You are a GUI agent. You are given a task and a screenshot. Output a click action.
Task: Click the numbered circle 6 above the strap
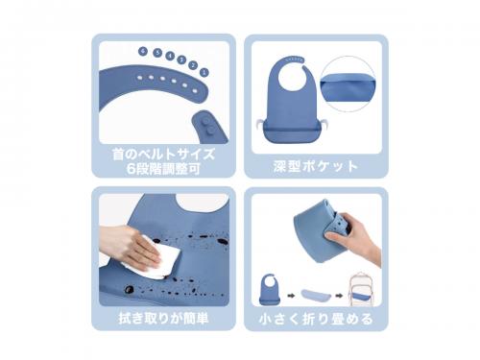(x=143, y=51)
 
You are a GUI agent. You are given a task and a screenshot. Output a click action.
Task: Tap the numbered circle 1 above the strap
(x=204, y=72)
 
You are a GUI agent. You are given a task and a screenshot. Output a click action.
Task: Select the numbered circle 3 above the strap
(x=181, y=60)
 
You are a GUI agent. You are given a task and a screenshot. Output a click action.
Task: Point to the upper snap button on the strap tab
(x=206, y=121)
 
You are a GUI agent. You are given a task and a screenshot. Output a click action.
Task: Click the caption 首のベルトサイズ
(x=163, y=154)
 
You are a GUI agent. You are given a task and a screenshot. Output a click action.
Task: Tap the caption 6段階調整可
(x=163, y=169)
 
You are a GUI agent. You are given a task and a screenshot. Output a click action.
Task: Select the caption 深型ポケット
(x=316, y=166)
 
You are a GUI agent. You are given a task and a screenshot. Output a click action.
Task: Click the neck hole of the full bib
(x=291, y=77)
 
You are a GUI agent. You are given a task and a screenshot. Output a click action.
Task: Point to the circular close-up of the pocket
(x=348, y=84)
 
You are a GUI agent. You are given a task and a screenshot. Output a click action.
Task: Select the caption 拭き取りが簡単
(x=163, y=319)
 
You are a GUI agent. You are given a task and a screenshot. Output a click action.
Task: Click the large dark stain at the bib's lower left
(x=129, y=290)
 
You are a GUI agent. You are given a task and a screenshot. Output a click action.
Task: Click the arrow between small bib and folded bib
(x=291, y=296)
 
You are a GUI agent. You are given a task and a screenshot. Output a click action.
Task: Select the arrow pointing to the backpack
(x=339, y=296)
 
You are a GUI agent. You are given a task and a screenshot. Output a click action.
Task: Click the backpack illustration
(x=362, y=289)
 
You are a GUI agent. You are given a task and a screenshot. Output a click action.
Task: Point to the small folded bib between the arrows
(x=315, y=295)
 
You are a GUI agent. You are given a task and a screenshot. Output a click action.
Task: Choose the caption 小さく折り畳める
(x=316, y=319)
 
